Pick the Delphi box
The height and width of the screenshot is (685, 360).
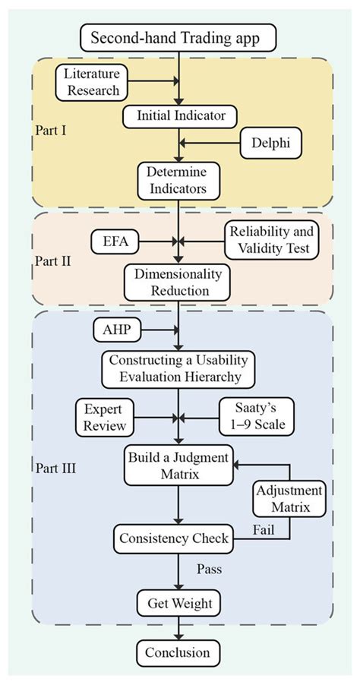click(x=271, y=144)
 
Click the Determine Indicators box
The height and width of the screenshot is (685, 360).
click(x=178, y=181)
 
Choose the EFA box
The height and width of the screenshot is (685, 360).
click(x=116, y=241)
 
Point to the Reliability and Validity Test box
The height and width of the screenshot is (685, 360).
click(x=272, y=239)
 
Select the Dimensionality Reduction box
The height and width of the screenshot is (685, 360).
click(x=178, y=283)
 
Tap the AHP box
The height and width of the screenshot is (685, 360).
click(x=118, y=330)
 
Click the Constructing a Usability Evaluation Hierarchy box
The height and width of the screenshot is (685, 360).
click(x=178, y=369)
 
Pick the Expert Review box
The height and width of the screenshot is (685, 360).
click(x=104, y=417)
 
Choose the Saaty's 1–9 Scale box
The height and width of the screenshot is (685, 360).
click(x=257, y=417)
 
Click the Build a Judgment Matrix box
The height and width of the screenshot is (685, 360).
click(x=178, y=466)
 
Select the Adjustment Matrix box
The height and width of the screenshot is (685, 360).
click(x=289, y=498)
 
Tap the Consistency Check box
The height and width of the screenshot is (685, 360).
click(x=175, y=538)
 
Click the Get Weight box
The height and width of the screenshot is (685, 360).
click(x=179, y=604)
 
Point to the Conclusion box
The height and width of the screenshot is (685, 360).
click(x=178, y=652)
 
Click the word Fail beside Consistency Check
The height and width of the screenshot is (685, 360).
click(x=264, y=530)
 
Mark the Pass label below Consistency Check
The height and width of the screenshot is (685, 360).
click(x=210, y=570)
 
